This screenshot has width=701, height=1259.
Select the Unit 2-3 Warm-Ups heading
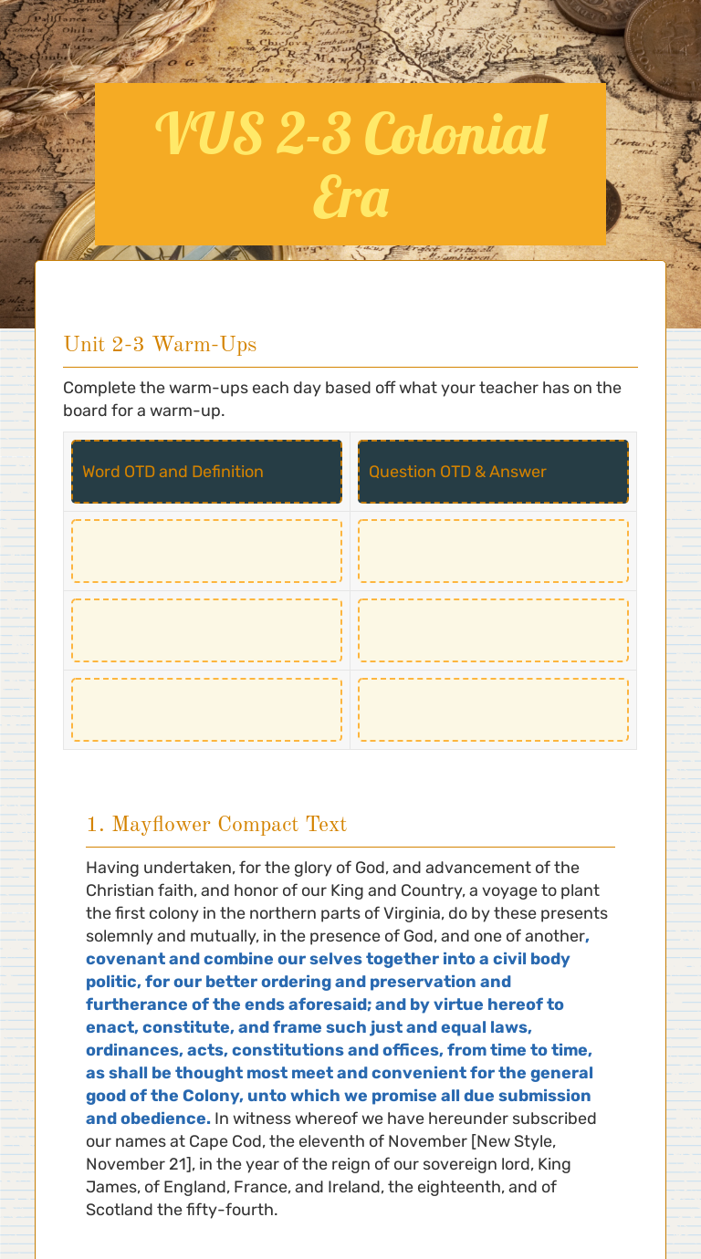pos(160,344)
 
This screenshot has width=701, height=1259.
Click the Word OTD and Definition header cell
pos(206,472)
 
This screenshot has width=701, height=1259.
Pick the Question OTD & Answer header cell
pos(493,472)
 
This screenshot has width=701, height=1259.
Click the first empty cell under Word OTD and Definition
pos(206,551)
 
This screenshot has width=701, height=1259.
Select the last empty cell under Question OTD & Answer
pos(493,710)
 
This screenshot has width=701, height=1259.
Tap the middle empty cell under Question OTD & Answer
pos(493,630)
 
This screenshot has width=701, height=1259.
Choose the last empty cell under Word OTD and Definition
pos(206,710)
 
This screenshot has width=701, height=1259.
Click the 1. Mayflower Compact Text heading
pos(215,825)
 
